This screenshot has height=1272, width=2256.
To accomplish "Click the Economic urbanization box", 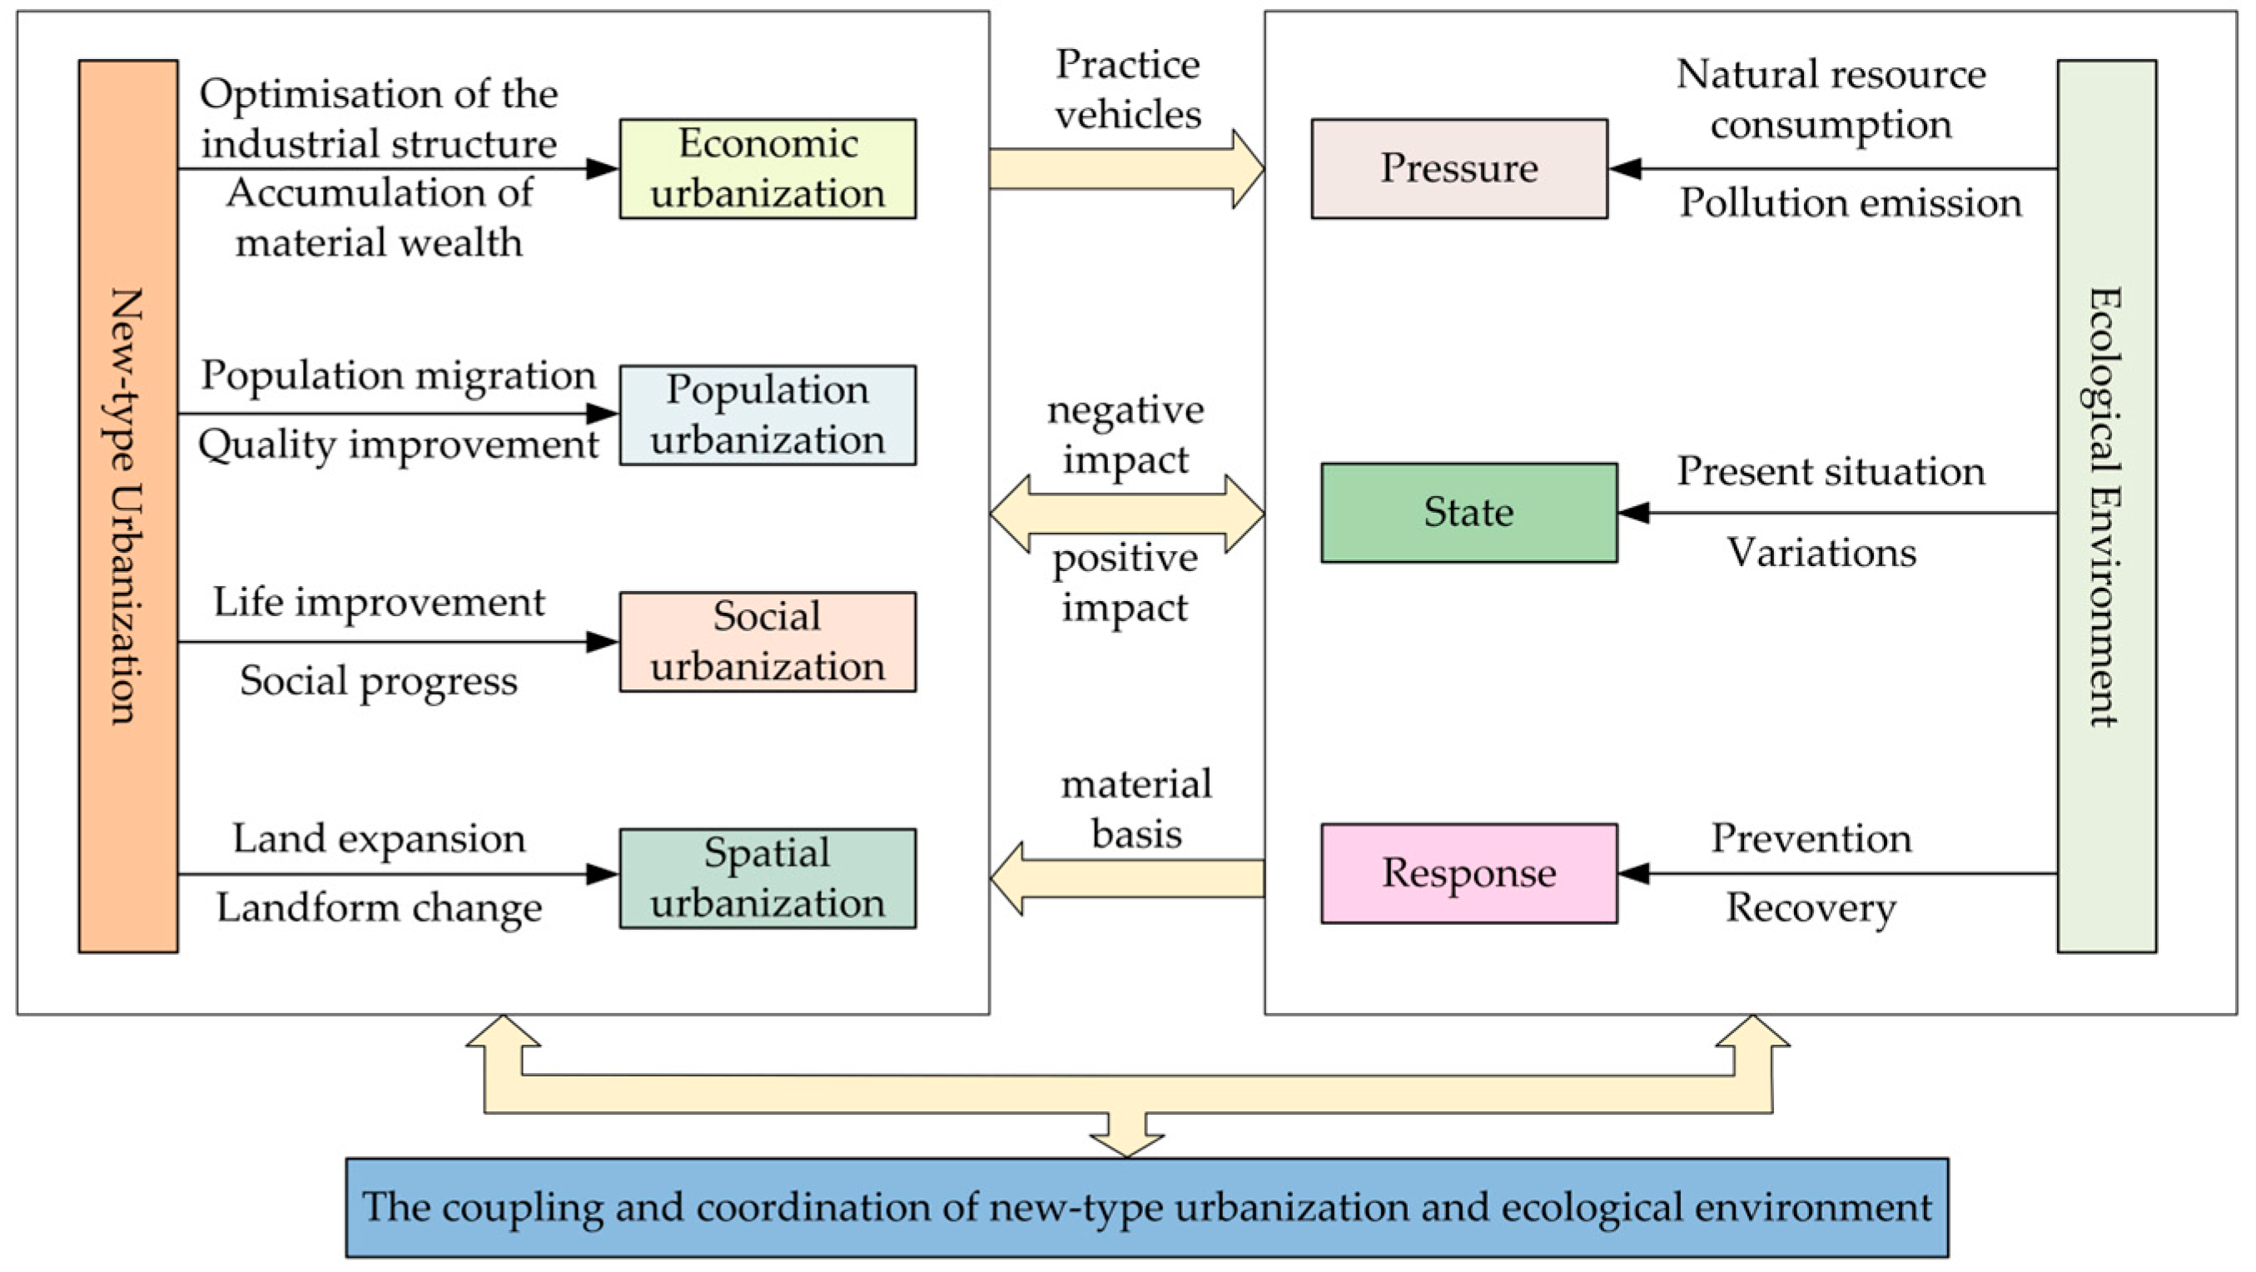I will [768, 168].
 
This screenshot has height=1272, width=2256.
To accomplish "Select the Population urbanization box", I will [768, 415].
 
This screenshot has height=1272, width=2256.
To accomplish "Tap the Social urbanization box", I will [768, 641].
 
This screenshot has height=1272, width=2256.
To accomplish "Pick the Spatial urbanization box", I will [768, 877].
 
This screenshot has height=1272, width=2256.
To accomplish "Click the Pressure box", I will [1459, 168].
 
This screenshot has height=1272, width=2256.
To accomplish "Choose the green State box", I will [1468, 513].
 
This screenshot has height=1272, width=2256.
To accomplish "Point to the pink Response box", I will [1468, 873].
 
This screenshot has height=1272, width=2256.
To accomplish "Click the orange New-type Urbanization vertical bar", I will [128, 505].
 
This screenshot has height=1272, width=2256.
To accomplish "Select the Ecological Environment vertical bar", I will [2106, 505].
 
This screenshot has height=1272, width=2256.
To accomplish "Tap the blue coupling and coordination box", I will [1146, 1207].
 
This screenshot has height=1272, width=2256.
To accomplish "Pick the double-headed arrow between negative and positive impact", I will [1126, 514].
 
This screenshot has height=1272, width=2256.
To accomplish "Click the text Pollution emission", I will [1850, 203].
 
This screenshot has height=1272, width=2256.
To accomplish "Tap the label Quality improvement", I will [398, 445].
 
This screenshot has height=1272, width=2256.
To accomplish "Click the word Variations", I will [1821, 553].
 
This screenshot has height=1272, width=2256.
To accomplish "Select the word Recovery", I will [1811, 908].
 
